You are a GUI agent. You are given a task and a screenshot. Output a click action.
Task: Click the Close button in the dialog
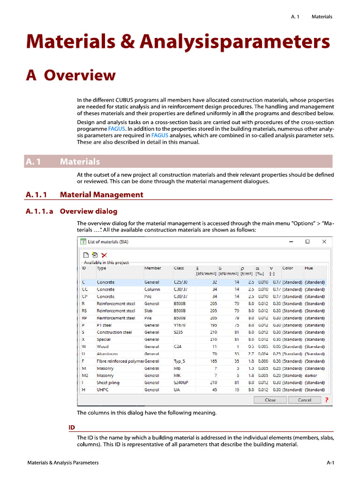tap(270, 400)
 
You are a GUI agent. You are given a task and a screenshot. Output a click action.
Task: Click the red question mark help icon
tap(326, 400)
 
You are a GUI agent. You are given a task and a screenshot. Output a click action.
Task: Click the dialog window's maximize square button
tap(307, 242)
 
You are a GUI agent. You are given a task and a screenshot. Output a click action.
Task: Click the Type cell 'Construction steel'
tap(114, 332)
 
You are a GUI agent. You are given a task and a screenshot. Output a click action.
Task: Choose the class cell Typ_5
tap(180, 361)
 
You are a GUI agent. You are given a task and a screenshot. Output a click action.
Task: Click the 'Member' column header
tap(153, 268)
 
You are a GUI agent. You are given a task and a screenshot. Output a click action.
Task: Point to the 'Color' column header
tap(288, 268)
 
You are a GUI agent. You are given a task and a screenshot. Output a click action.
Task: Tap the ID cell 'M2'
tap(85, 375)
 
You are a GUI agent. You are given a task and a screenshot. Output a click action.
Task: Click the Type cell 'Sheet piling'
tap(108, 382)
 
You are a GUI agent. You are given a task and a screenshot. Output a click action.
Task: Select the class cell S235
tap(178, 332)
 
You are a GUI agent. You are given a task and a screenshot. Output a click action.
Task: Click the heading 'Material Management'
tap(102, 195)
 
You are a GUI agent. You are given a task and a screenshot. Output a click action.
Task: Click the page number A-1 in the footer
tap(330, 463)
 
